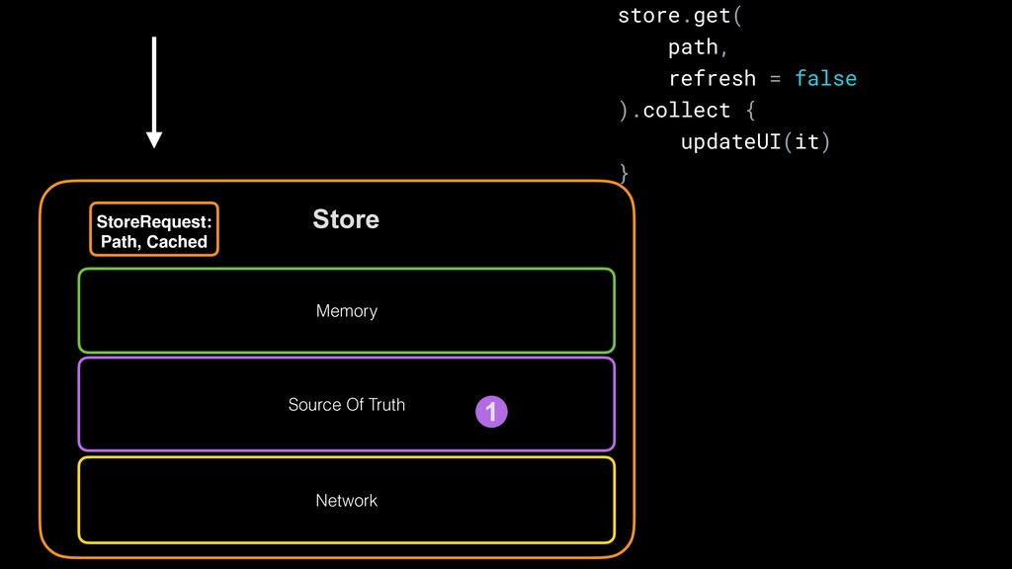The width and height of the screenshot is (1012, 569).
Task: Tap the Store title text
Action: click(x=346, y=219)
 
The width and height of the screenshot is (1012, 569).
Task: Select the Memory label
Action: click(x=347, y=311)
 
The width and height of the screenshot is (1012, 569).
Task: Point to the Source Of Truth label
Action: click(x=347, y=405)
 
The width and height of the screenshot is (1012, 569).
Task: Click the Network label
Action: click(x=347, y=501)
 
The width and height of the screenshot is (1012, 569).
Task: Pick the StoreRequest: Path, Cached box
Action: click(x=154, y=229)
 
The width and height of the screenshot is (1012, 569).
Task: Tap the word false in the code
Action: click(x=825, y=78)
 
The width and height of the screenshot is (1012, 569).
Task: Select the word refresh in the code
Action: click(x=712, y=78)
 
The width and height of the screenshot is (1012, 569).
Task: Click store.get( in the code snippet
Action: click(x=678, y=16)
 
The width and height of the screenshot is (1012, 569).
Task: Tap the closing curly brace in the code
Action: click(x=623, y=173)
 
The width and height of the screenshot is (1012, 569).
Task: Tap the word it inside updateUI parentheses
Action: click(x=806, y=141)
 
